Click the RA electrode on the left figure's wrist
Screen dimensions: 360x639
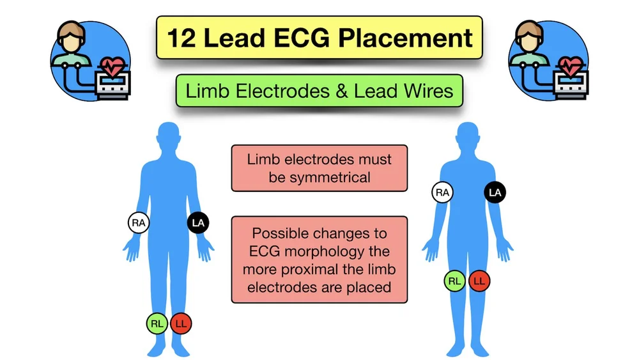[138, 223]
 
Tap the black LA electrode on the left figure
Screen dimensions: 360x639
[198, 223]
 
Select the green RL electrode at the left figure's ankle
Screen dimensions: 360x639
[157, 324]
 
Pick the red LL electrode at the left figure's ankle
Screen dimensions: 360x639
[181, 324]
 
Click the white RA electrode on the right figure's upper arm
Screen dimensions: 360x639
[442, 192]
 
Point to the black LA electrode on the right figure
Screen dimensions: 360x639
[495, 192]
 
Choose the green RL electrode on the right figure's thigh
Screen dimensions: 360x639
[455, 281]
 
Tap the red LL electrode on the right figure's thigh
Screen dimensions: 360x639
[479, 281]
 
